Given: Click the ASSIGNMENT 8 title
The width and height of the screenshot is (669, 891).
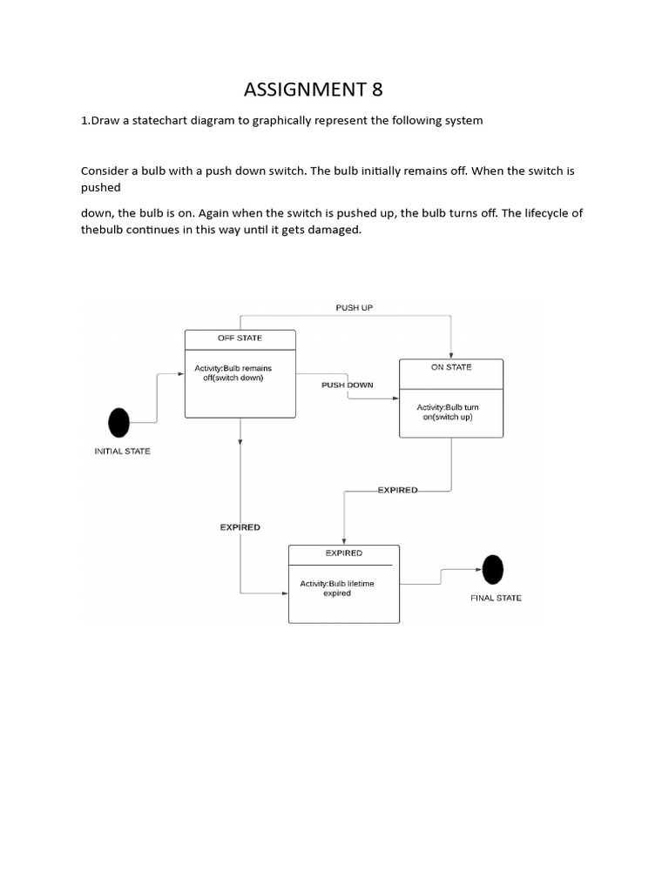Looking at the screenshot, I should coord(313,89).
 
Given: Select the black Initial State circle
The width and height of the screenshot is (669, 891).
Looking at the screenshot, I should coord(118,423).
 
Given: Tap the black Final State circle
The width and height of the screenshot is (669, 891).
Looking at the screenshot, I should coord(492,570).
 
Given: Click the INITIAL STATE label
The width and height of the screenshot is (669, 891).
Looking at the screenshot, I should coord(122,452).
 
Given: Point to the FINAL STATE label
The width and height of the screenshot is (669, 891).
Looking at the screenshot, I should coord(496,599).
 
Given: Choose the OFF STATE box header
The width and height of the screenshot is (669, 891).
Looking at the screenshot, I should coord(240,338).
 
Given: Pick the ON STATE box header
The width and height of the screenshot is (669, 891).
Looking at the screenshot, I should coord(451,367).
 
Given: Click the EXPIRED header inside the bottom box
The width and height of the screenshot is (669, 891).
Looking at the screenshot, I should coord(343,553).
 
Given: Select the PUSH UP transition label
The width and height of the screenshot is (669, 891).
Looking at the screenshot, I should coord(354,308).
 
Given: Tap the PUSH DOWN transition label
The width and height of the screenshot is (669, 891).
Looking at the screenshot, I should coord(347,385).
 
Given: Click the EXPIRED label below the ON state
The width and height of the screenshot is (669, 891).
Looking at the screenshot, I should coord(397,490).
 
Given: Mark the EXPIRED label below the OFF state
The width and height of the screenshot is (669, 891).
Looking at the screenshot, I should coord(240,527).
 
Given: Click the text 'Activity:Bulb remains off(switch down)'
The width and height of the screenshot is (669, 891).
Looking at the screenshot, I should coord(233,373).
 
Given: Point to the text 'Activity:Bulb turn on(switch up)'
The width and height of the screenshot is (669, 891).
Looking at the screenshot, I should coord(448,412).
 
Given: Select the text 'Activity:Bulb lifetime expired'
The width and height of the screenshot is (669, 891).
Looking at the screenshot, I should coord(337,588).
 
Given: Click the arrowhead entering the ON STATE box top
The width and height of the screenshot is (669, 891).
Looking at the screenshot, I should coord(450,355).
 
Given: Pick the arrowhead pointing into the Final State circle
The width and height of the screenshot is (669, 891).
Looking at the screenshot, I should coord(477,570).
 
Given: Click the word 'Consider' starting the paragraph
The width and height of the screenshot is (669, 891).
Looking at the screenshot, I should coord(105,171).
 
